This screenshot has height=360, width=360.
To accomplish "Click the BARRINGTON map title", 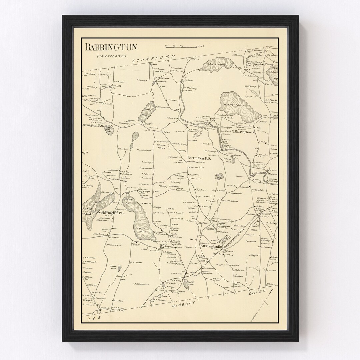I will click(x=111, y=47).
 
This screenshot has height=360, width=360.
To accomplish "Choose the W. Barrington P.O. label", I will click(x=110, y=212).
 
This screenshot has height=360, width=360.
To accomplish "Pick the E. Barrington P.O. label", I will click(x=211, y=246).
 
